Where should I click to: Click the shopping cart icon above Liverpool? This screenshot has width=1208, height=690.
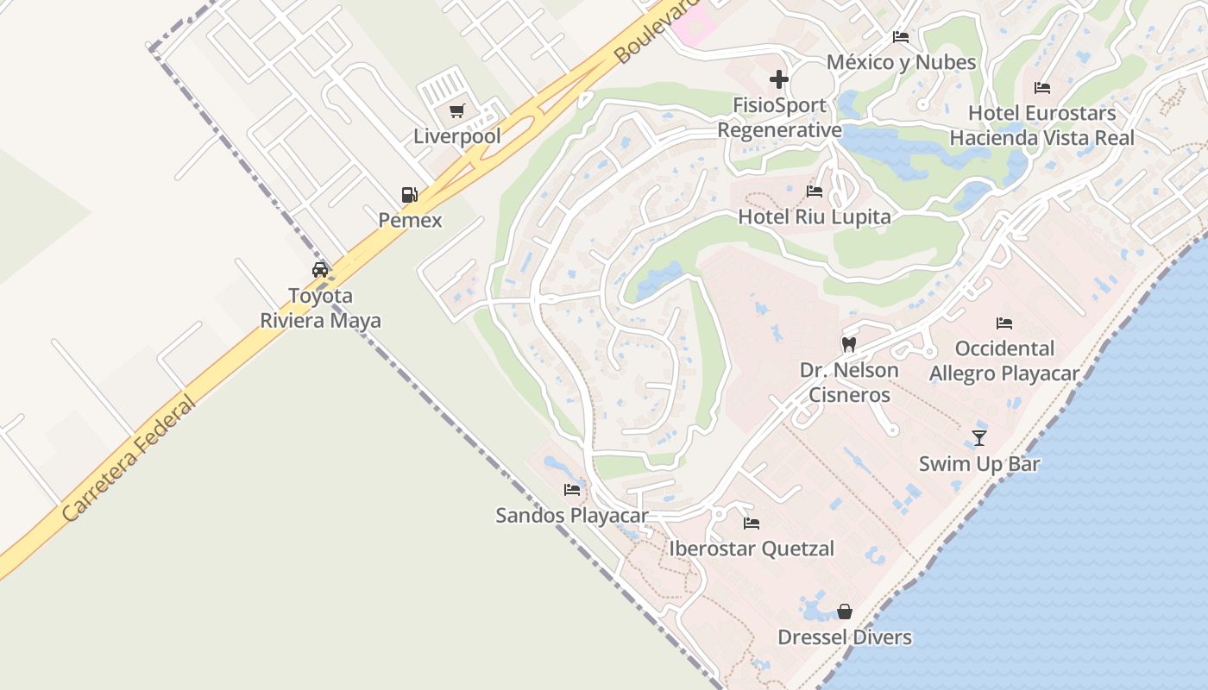pyautogui.click(x=456, y=110)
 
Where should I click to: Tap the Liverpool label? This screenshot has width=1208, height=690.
pyautogui.click(x=456, y=136)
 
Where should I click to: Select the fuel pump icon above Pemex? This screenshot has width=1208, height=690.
pyautogui.click(x=409, y=195)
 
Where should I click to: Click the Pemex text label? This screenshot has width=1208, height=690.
pyautogui.click(x=410, y=220)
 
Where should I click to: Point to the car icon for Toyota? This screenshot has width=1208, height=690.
pyautogui.click(x=320, y=269)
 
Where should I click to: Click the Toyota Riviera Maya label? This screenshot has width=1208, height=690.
pyautogui.click(x=320, y=308)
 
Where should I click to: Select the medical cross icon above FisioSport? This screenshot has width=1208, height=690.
pyautogui.click(x=778, y=79)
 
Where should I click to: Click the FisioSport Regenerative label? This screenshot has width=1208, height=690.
pyautogui.click(x=779, y=117)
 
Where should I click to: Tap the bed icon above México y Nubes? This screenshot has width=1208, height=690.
pyautogui.click(x=900, y=37)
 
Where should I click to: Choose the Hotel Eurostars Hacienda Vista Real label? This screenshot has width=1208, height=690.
pyautogui.click(x=1041, y=125)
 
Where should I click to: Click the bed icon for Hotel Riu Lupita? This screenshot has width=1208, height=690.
pyautogui.click(x=814, y=191)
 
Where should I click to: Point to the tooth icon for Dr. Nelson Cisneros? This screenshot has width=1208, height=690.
pyautogui.click(x=848, y=344)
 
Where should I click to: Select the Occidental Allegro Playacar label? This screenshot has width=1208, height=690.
pyautogui.click(x=1004, y=361)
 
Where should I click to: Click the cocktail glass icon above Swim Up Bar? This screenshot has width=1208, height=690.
pyautogui.click(x=978, y=438)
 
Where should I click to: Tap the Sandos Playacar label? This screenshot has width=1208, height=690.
pyautogui.click(x=571, y=516)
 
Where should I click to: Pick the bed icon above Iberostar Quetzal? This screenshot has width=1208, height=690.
pyautogui.click(x=751, y=523)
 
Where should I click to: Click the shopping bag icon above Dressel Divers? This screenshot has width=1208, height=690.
pyautogui.click(x=844, y=612)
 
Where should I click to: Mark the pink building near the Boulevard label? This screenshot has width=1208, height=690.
pyautogui.click(x=695, y=24)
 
